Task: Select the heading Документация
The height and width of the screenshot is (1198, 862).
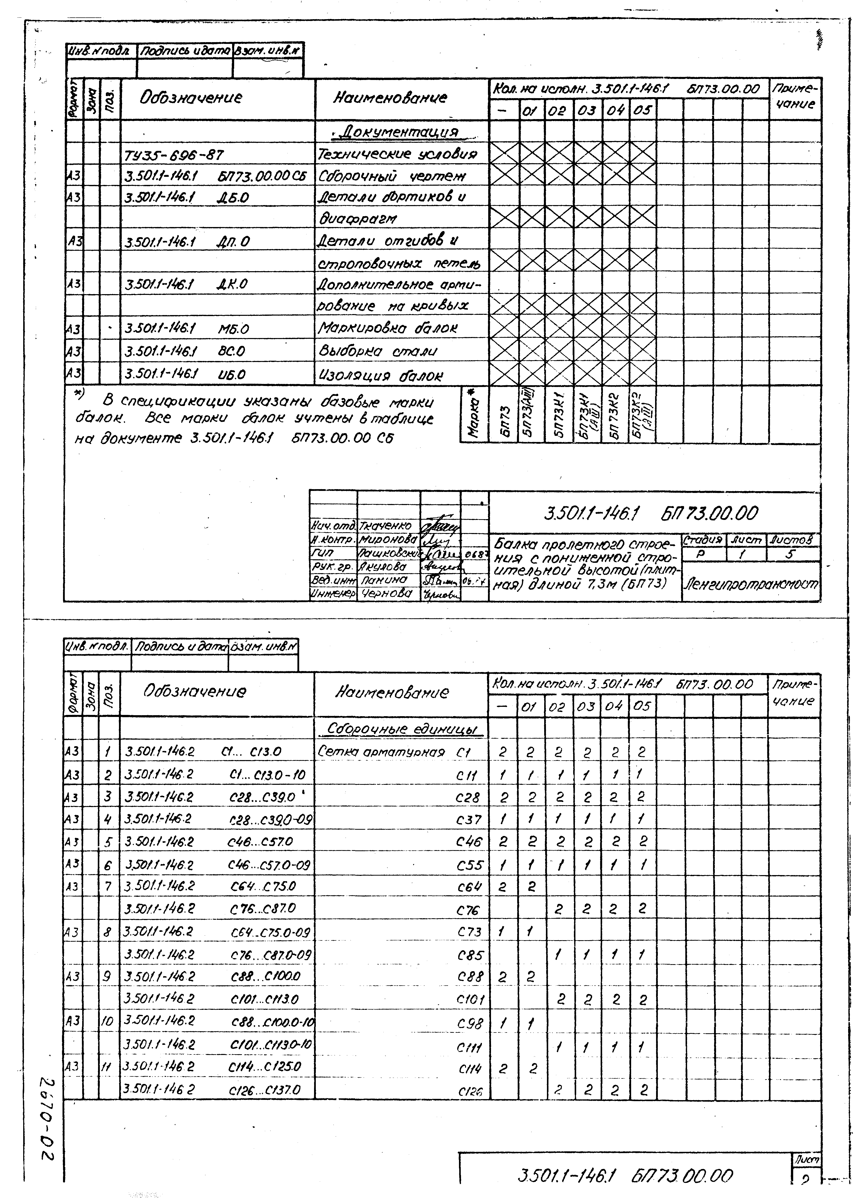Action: click(401, 131)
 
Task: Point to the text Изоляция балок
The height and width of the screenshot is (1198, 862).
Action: click(380, 376)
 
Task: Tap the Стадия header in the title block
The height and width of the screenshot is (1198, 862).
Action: click(703, 540)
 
